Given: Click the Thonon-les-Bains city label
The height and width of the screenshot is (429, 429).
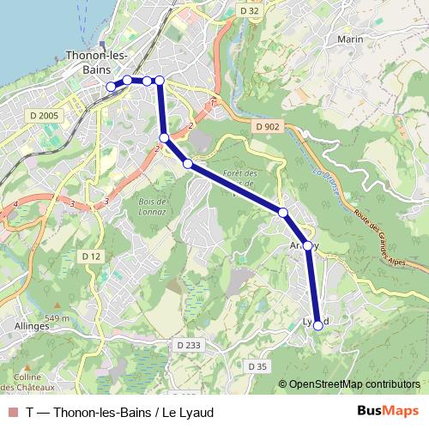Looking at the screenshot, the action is point(97,62).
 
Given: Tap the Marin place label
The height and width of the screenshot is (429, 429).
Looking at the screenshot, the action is point(350,39).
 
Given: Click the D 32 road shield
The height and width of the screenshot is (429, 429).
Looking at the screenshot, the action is point(250,10).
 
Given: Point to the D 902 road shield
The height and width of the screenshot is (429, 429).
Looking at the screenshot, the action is point(267,126).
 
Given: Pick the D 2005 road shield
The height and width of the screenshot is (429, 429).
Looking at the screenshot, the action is point(43,115).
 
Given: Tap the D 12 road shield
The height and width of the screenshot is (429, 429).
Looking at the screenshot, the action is point(92,257).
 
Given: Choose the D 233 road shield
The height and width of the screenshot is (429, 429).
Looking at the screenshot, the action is point(189,345).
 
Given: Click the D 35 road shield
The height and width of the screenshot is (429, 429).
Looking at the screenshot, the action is point(257,366).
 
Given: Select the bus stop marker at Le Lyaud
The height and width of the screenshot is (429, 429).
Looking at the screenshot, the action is point(318,325).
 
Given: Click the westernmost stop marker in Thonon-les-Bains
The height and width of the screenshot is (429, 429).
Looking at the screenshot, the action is point(110,86).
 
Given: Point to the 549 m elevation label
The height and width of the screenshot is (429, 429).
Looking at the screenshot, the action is point(57,318).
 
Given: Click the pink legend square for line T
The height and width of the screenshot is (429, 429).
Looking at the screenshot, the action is point(12,412).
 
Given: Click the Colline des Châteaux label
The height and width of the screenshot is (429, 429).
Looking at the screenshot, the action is point(28,382).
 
